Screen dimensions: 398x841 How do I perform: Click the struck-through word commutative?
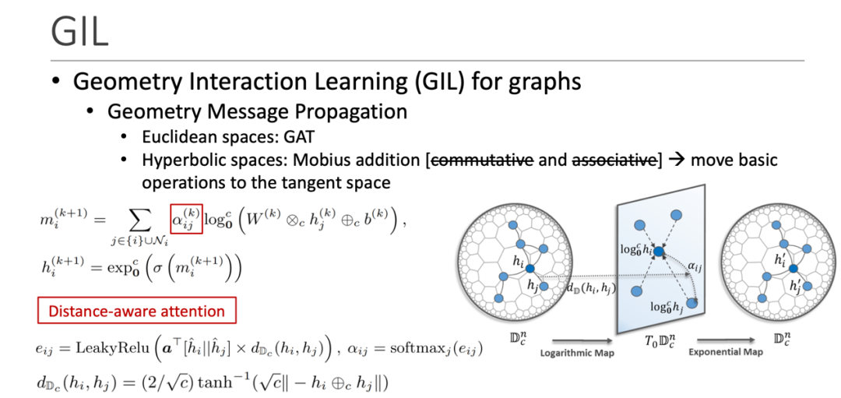click(481, 161)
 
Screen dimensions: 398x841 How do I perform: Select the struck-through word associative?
click(615, 161)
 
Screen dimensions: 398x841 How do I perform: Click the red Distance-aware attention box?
click(137, 312)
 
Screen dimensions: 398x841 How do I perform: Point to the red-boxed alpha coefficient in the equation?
click(186, 217)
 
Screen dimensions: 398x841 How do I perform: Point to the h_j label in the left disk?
click(533, 285)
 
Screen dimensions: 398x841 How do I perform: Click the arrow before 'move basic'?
click(676, 161)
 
